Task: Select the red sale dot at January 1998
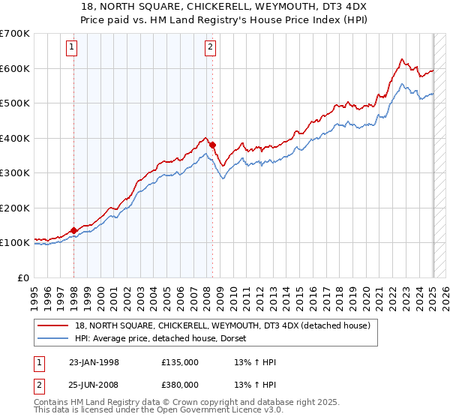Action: (74, 230)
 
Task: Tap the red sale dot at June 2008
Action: (212, 145)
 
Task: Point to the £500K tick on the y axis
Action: (15, 103)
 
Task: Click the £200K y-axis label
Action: (15, 208)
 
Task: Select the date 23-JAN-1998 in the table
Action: (94, 362)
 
